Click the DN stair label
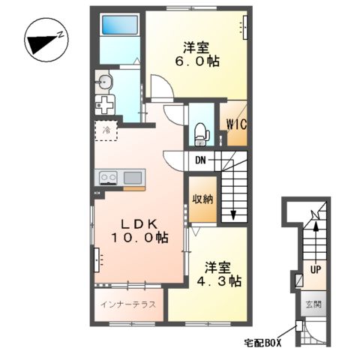[201, 160]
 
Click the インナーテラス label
[128, 304]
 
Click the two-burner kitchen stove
[107, 178]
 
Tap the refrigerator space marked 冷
[106, 130]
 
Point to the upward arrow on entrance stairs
[316, 224]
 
